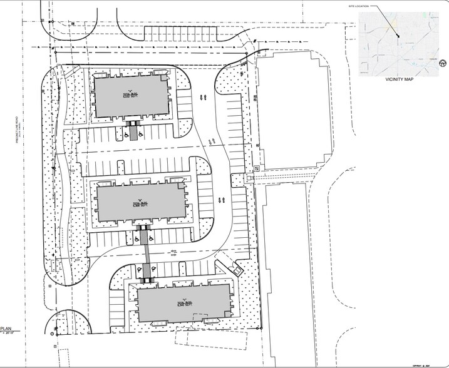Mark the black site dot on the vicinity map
pyautogui.click(x=398, y=36)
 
